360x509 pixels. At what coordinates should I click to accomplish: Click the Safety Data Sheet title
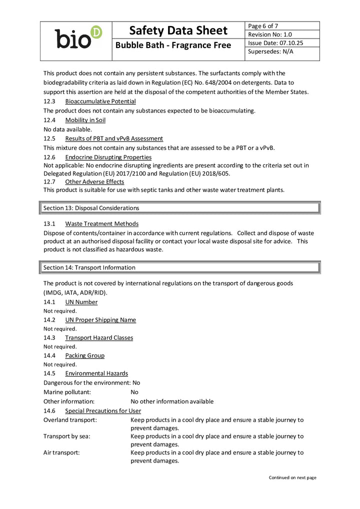[178, 30]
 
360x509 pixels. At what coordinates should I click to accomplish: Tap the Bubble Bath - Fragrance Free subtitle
[173, 45]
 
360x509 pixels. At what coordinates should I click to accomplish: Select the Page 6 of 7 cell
[263, 26]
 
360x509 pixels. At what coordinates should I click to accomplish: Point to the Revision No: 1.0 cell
[270, 34]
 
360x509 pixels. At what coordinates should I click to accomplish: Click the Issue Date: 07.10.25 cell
[275, 43]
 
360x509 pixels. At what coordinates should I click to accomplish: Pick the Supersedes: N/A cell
[270, 51]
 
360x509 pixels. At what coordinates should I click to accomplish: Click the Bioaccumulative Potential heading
[100, 101]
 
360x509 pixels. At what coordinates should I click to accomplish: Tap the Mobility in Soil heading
[85, 120]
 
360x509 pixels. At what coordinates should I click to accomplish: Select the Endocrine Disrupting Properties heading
[108, 157]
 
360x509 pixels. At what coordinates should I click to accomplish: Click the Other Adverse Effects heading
[94, 182]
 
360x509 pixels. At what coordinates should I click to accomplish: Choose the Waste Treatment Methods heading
[101, 223]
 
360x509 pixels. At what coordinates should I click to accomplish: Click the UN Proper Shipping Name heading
[100, 320]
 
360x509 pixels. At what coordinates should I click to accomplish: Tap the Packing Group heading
[84, 355]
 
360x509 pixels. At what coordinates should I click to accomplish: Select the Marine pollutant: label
[67, 392]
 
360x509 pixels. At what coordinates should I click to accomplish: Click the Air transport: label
[61, 452]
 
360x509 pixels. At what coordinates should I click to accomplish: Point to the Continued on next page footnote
[292, 477]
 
